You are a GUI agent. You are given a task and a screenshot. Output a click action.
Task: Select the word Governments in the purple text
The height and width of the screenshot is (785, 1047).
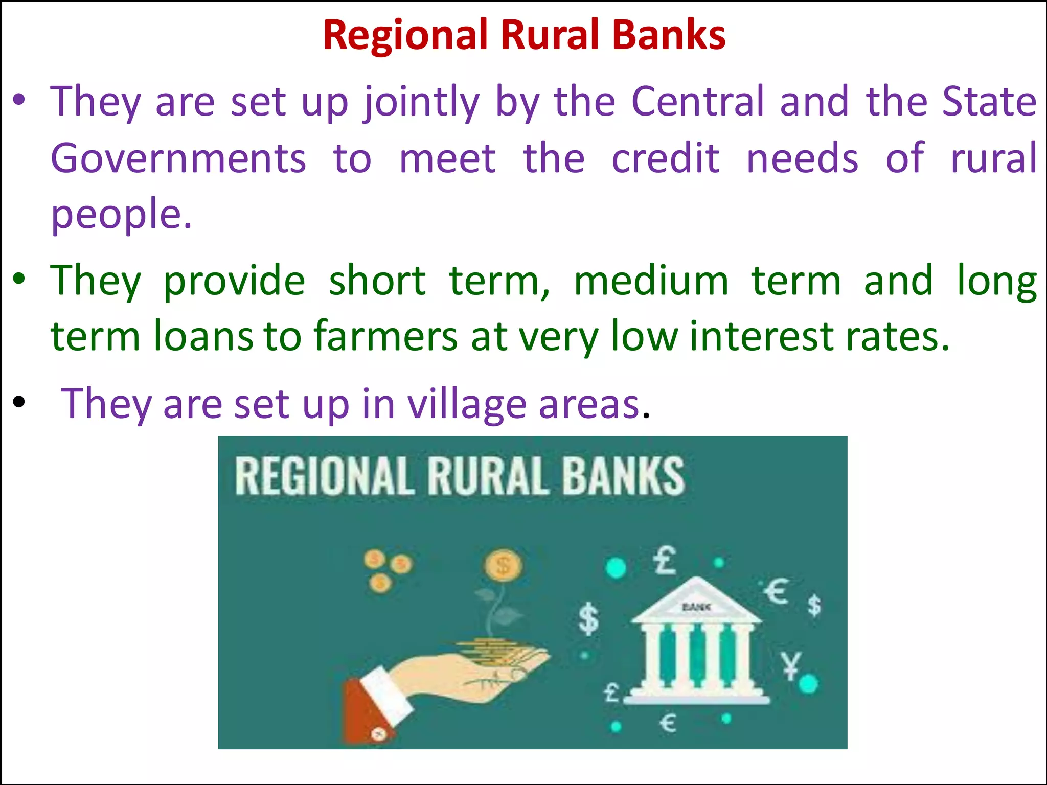coord(178,158)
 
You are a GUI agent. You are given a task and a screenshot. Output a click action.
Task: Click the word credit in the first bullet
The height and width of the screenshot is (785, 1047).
coord(666,158)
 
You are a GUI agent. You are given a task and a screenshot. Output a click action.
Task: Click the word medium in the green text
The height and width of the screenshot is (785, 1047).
coord(651,281)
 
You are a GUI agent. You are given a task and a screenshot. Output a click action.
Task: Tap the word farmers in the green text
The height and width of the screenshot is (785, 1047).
coord(385,336)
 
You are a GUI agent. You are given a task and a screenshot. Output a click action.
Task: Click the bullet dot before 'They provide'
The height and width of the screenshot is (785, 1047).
coord(19,280)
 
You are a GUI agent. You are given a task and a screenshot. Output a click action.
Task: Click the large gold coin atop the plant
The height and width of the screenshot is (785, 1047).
coord(503,566)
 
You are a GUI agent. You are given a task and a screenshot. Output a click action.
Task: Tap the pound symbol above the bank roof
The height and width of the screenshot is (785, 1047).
coord(665,560)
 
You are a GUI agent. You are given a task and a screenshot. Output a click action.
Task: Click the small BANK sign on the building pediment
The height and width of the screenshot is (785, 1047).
coord(696,607)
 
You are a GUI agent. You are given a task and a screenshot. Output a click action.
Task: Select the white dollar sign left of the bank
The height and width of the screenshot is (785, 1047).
coord(588,619)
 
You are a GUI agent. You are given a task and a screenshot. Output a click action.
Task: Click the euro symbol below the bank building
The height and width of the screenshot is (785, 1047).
coord(668,723)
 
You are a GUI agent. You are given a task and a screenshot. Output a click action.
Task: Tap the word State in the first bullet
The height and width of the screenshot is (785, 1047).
coord(989,101)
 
